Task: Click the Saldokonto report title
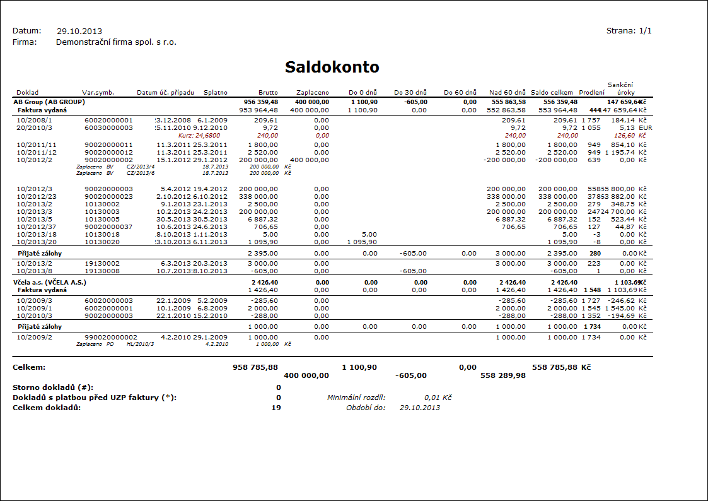(332, 67)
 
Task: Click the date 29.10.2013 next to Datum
(79, 31)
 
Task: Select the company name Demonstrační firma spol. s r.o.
(116, 42)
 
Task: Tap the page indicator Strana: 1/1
(629, 30)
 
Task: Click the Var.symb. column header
(98, 93)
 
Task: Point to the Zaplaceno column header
(313, 93)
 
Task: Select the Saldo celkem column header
(552, 93)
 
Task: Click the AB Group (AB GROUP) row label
(49, 102)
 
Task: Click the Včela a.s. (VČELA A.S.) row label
(50, 282)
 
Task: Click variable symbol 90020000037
(109, 227)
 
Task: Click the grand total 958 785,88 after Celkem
(255, 367)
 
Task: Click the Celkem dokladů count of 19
(277, 408)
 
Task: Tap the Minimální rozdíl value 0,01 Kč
(438, 398)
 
